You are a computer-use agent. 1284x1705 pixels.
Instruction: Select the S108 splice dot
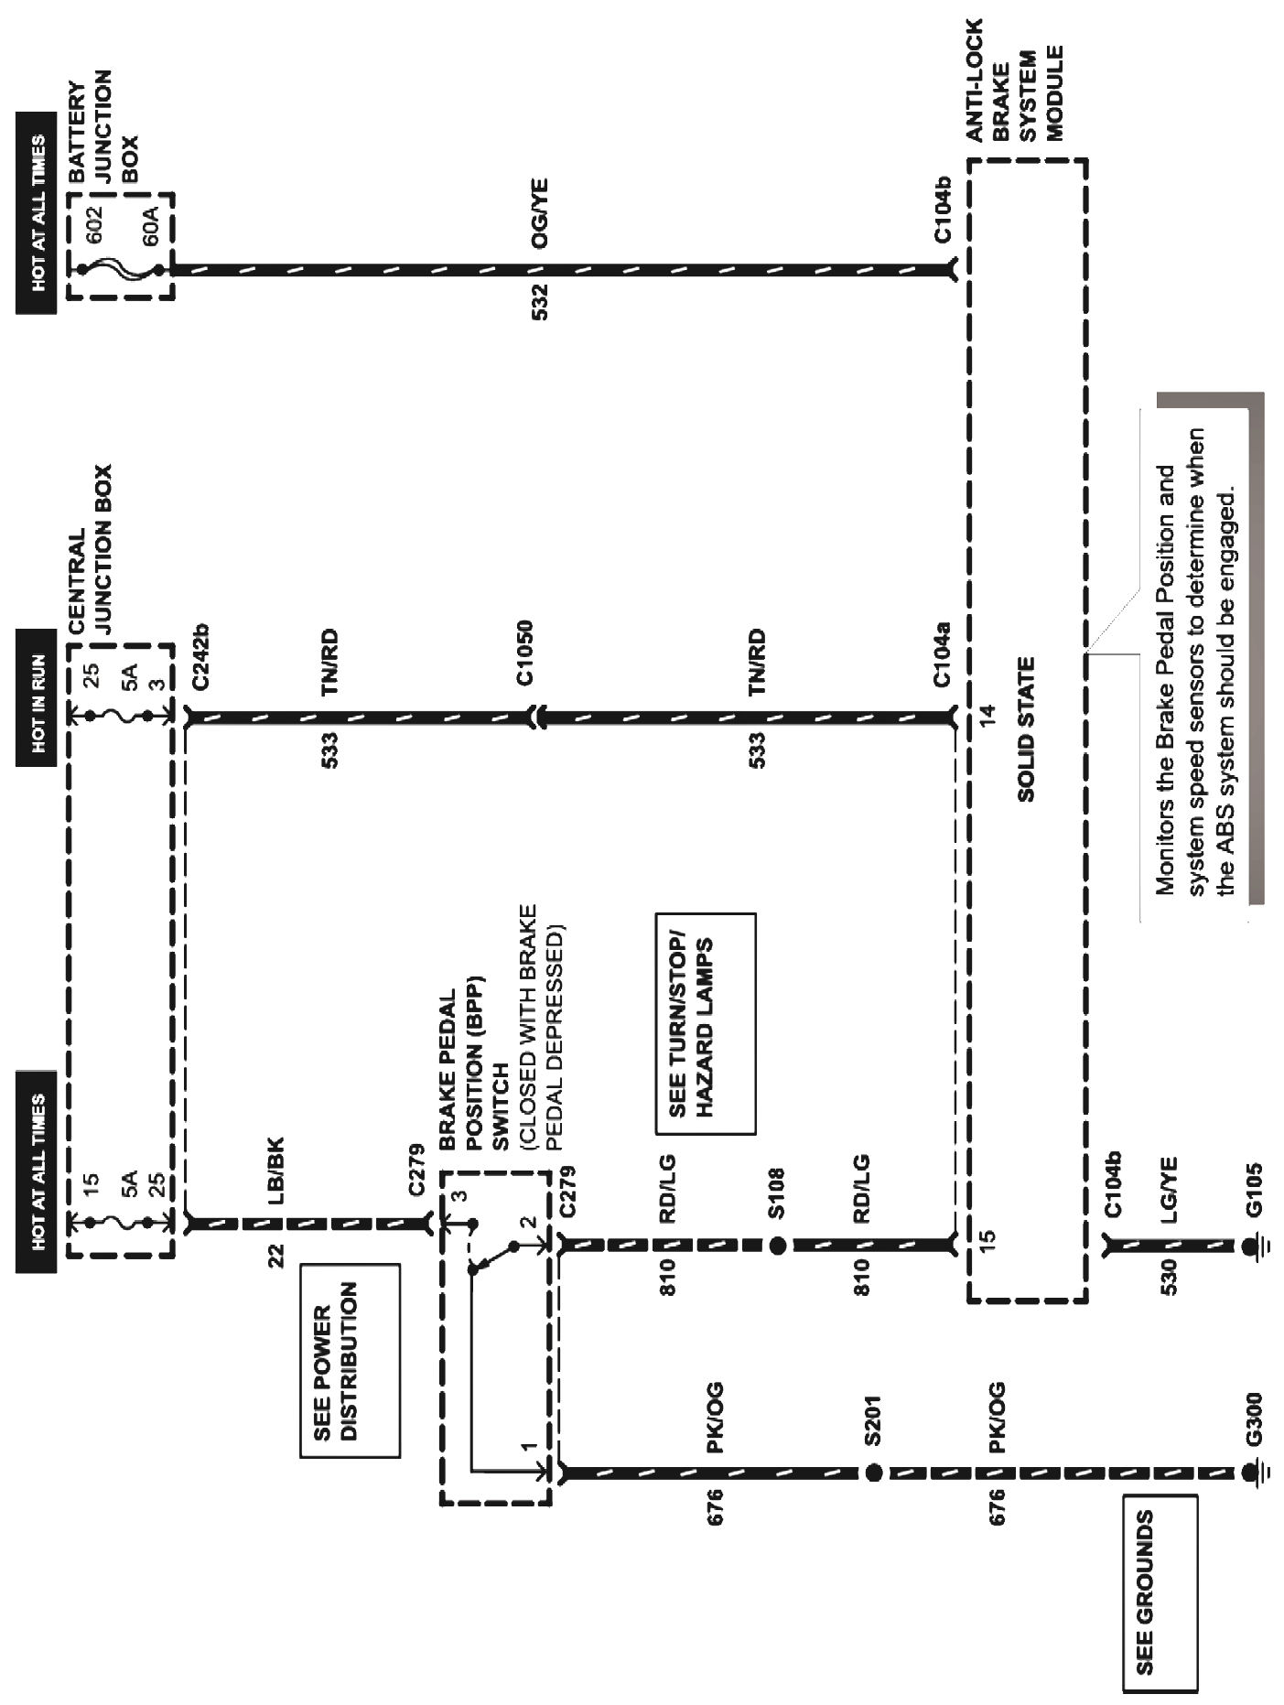coord(777,1246)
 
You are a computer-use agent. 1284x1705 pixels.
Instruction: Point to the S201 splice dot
coord(873,1473)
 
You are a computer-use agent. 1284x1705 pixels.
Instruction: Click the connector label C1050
coord(523,653)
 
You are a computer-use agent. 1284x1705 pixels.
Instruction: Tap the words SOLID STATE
coord(1025,728)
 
